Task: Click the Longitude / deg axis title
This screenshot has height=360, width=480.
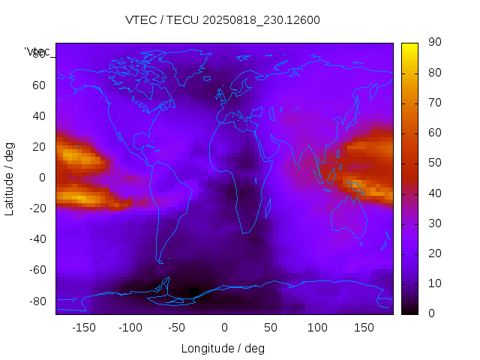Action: click(x=223, y=348)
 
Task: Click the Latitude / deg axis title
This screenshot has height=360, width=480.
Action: click(x=10, y=178)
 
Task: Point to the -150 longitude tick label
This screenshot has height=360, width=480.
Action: click(x=84, y=328)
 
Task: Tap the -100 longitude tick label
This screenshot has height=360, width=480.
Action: click(x=130, y=328)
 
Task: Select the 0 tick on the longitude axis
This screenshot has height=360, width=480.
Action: click(x=224, y=328)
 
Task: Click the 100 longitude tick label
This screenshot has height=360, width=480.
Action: click(x=317, y=328)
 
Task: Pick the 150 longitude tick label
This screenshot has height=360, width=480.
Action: click(x=364, y=328)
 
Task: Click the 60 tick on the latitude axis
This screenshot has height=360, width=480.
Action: click(x=39, y=85)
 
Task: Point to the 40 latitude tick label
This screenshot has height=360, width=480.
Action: click(x=39, y=116)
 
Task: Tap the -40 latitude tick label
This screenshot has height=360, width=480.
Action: click(x=37, y=239)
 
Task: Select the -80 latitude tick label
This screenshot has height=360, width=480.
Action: click(x=37, y=301)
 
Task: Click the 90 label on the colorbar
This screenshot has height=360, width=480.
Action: click(x=433, y=43)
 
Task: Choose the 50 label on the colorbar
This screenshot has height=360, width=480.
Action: click(x=433, y=163)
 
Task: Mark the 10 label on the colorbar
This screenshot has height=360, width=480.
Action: click(x=433, y=283)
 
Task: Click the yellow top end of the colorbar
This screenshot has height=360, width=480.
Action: click(x=409, y=46)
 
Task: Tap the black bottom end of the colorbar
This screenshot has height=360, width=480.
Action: click(x=409, y=310)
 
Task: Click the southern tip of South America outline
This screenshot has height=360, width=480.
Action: click(x=160, y=262)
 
